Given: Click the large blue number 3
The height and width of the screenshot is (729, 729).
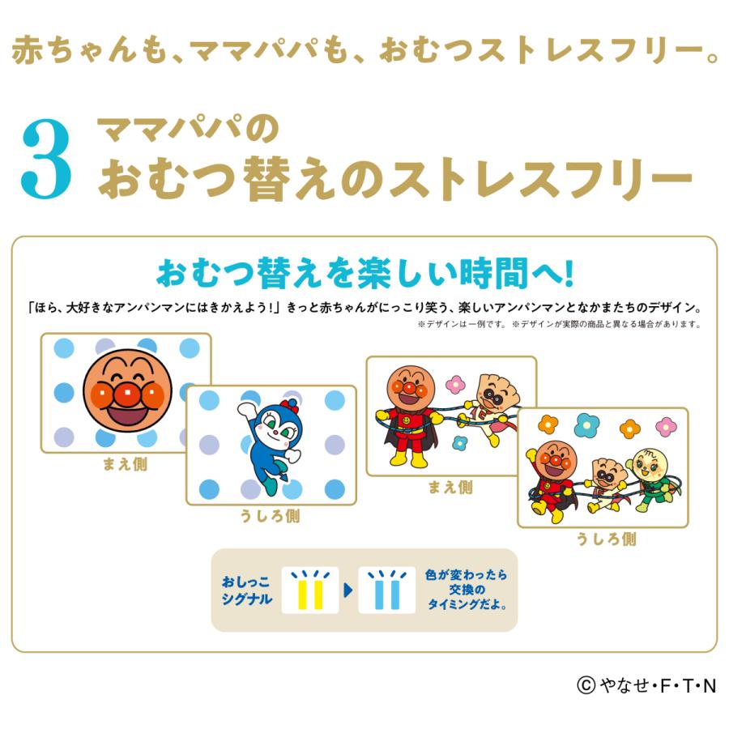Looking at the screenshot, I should (x=46, y=160).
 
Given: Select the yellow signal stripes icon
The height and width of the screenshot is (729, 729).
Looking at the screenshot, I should (x=310, y=590).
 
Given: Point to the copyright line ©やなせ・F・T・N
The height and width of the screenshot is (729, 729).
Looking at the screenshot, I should (x=646, y=686).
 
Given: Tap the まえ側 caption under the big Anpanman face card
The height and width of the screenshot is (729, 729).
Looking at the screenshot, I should (x=125, y=466).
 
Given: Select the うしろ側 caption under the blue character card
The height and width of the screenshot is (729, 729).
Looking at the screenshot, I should (x=271, y=516).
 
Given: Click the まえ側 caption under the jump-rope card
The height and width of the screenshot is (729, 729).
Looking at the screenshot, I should (x=450, y=487).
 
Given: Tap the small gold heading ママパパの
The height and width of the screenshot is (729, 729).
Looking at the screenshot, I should (x=188, y=130).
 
